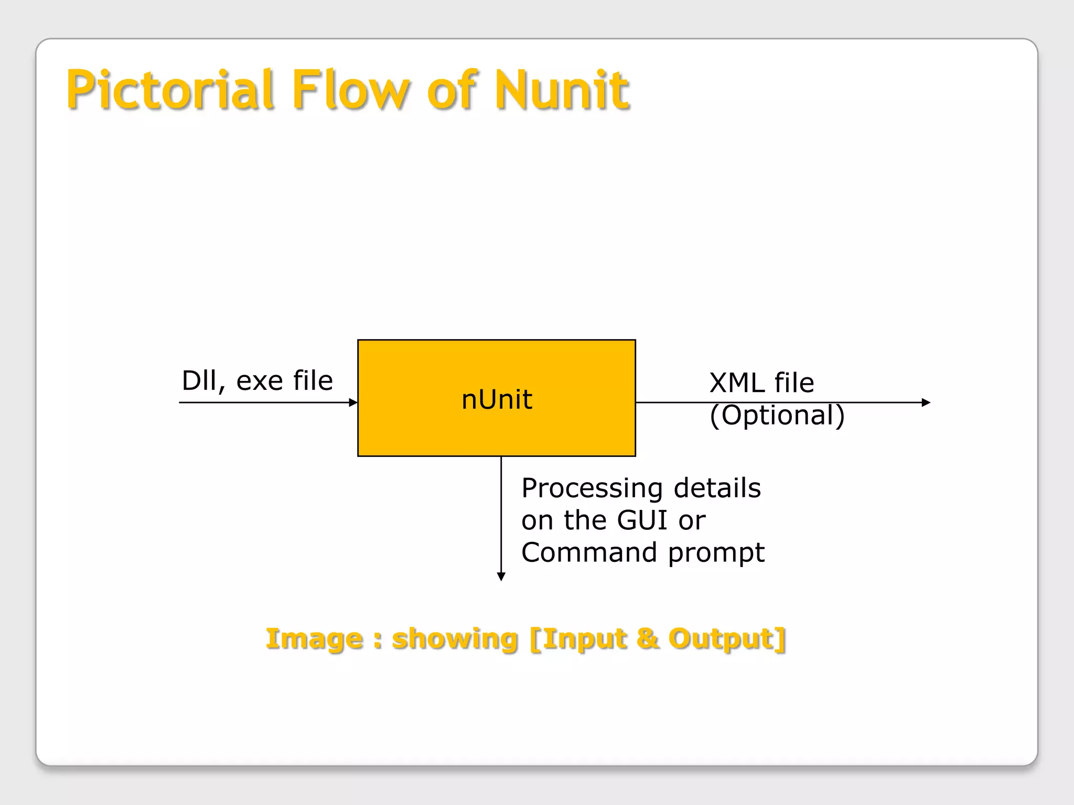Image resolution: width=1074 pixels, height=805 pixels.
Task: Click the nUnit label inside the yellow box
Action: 497,399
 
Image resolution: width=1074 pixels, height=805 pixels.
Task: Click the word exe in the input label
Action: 259,382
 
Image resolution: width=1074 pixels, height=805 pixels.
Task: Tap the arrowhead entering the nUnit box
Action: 353,402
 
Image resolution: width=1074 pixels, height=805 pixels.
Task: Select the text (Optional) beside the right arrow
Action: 777,415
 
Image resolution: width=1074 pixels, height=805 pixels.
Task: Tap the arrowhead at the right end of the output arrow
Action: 926,402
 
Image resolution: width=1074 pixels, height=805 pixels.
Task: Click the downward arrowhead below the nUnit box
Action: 501,576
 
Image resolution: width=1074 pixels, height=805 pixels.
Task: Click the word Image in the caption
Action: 314,639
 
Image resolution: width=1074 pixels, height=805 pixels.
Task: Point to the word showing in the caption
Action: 455,639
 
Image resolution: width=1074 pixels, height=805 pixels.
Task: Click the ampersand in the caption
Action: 648,638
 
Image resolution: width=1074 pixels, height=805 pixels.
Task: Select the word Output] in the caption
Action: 727,639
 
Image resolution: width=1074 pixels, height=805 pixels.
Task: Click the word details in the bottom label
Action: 717,488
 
